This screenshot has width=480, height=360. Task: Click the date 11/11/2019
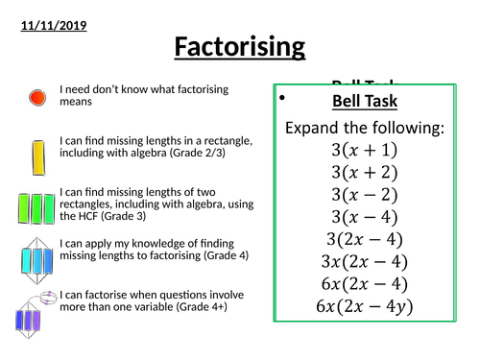pyautogui.click(x=54, y=25)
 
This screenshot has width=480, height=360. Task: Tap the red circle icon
pyautogui.click(x=36, y=97)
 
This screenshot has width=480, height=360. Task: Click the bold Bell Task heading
pyautogui.click(x=364, y=101)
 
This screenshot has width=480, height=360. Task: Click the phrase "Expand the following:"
pyautogui.click(x=364, y=127)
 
